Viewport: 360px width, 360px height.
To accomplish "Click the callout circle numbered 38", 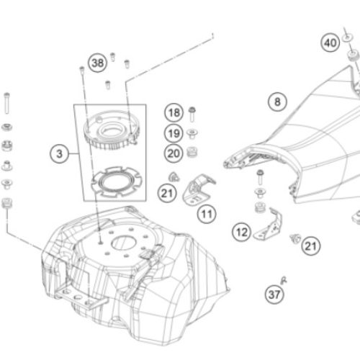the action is pos(98,63).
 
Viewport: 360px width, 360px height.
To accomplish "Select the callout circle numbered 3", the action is pos(59,154).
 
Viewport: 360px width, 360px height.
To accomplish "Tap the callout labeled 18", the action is pos(174,112).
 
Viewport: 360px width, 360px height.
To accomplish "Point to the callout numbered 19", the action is pos(174,133).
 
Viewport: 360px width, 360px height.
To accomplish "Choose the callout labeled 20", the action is pos(174,153).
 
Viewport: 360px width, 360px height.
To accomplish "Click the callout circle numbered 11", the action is pos(207,214).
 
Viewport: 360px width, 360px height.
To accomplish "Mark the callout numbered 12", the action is pos(241,232).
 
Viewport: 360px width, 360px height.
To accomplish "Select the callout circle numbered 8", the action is pos(277,102).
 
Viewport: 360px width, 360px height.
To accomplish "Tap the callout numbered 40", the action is pos(330,42).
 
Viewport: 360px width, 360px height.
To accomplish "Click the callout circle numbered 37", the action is pos(274,294).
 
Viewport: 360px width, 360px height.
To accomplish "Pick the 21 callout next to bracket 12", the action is pos(311,246).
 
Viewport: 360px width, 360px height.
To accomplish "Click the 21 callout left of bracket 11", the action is pos(167,193).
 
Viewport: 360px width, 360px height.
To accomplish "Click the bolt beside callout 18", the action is pos(192,114).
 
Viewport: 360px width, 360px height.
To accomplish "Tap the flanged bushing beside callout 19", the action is pos(192,133).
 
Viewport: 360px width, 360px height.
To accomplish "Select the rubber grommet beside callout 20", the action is pos(192,153).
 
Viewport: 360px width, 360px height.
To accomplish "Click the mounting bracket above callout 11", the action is pos(198,189).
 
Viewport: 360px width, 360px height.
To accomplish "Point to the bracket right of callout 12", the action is pos(269,225).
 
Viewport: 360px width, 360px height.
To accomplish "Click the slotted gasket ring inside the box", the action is pos(117,182).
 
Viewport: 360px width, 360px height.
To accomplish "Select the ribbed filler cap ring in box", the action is pos(112,130).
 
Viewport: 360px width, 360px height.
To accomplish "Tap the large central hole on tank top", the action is pos(124,243).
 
